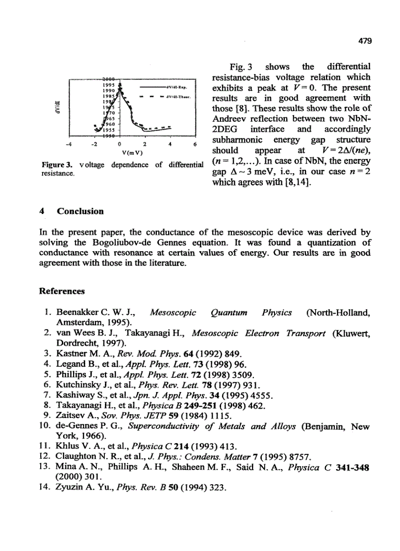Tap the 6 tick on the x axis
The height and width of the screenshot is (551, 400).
coord(195,145)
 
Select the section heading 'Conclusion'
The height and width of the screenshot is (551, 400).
coord(80,211)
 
